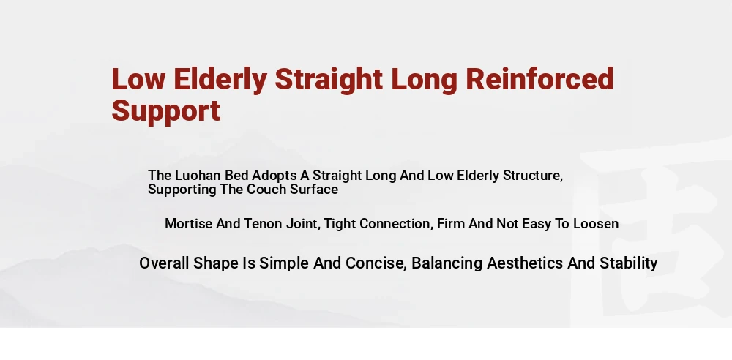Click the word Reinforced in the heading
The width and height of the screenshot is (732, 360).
pos(539,79)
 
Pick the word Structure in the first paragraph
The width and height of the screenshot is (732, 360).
pos(533,176)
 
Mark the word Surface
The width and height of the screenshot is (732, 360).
pos(314,189)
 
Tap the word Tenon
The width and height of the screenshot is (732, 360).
pos(264,224)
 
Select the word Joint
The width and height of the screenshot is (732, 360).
pos(303,224)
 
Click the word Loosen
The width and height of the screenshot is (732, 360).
pos(596,224)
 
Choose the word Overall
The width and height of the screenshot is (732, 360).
pos(165,263)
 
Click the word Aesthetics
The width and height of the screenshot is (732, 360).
pos(525,263)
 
